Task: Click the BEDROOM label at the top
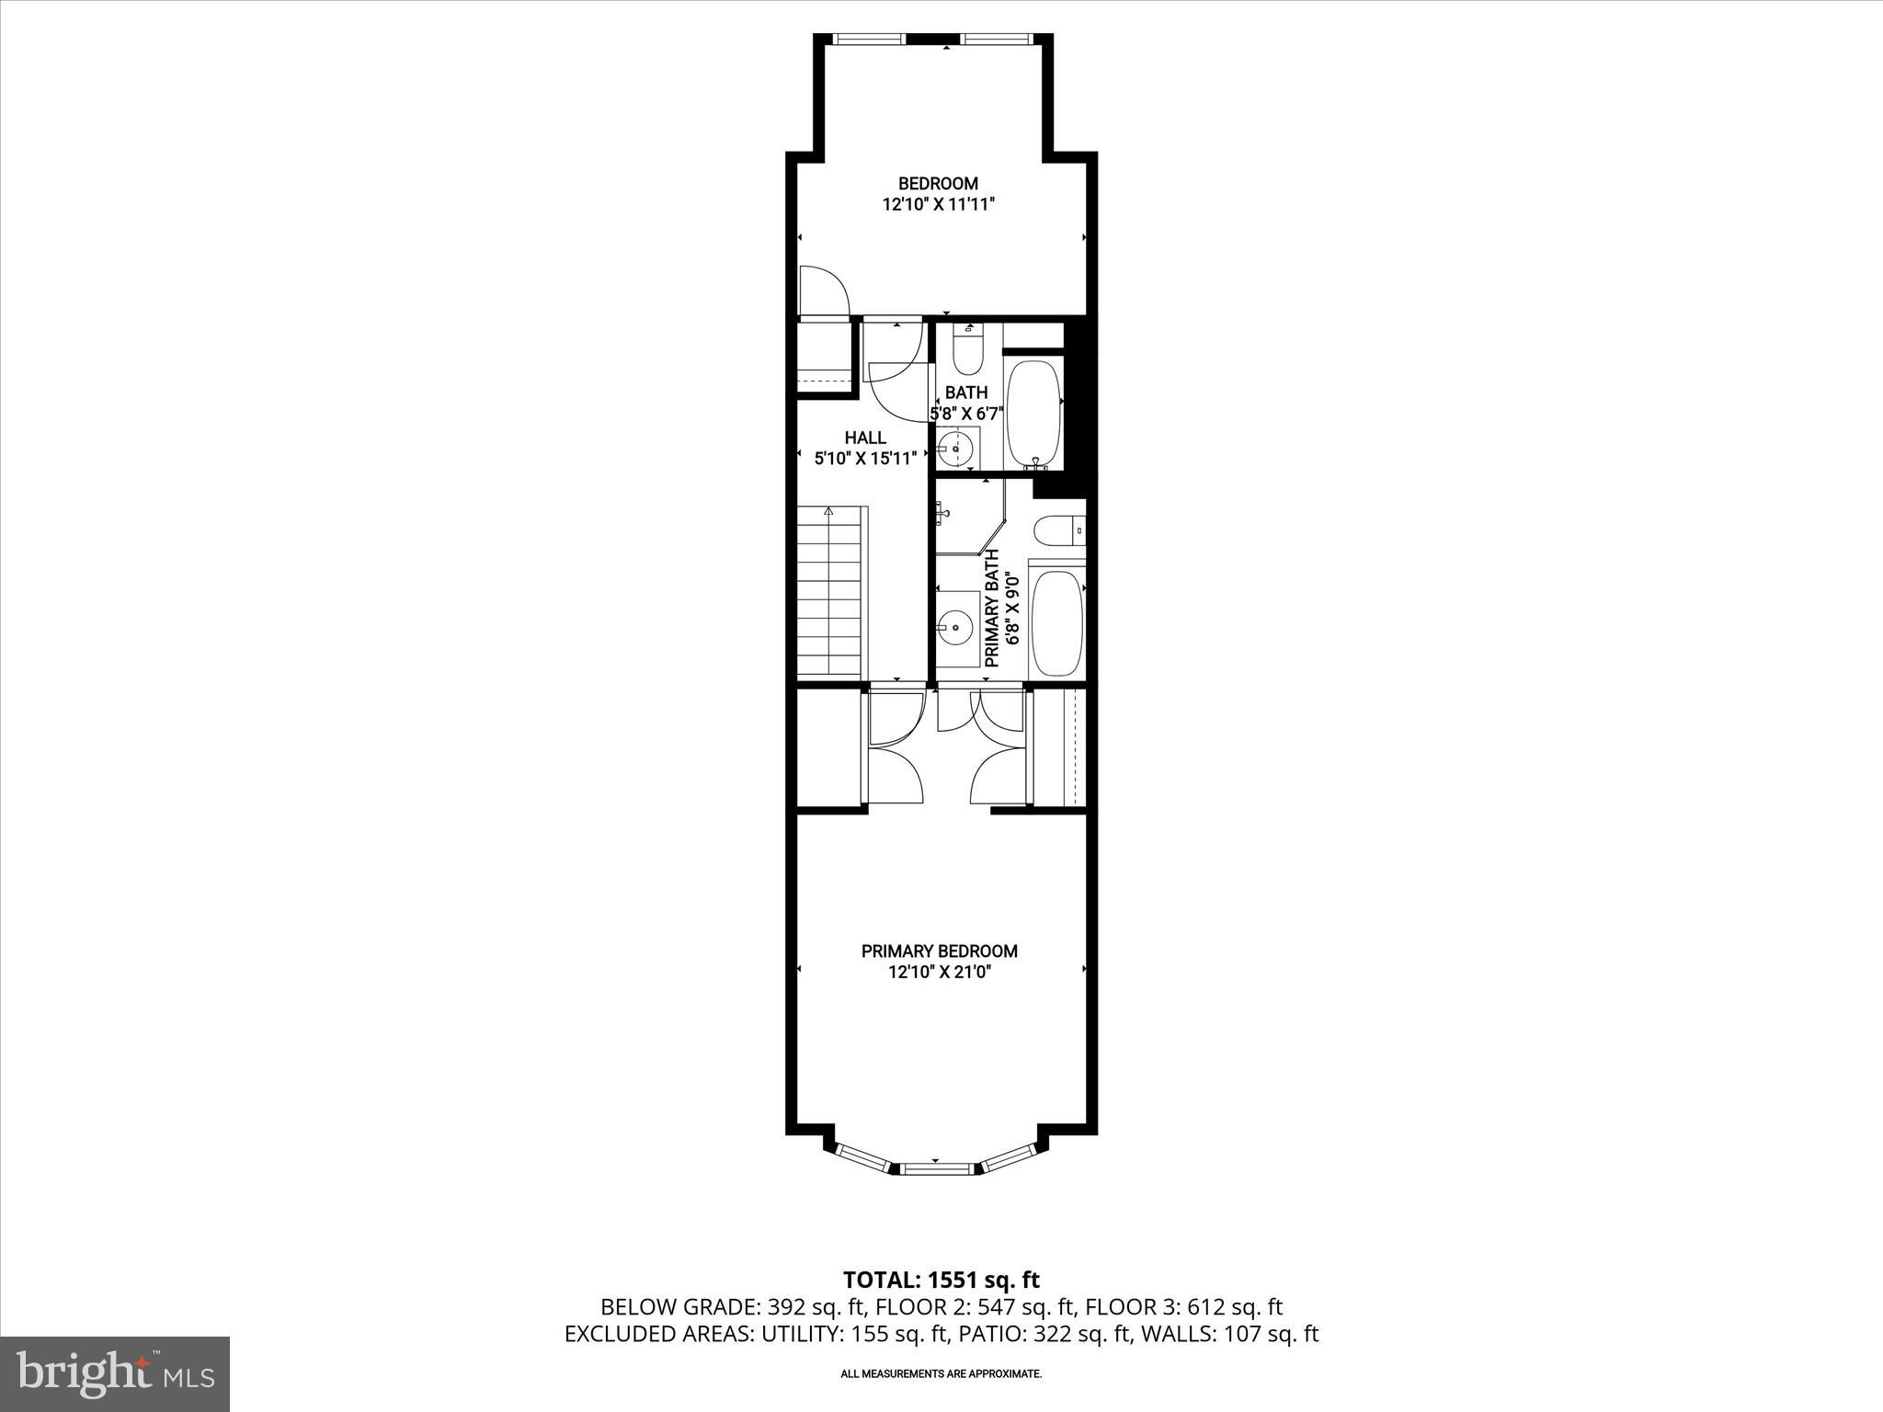(938, 184)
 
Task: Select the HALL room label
(865, 438)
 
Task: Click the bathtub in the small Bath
(1034, 415)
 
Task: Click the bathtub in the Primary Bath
(1057, 624)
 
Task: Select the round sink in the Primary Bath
(957, 629)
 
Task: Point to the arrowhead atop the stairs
(827, 510)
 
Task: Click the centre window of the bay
(935, 1168)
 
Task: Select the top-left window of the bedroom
(869, 40)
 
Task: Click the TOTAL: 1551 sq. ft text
(941, 1280)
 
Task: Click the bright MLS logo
(115, 1372)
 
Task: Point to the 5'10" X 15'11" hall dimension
(865, 458)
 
